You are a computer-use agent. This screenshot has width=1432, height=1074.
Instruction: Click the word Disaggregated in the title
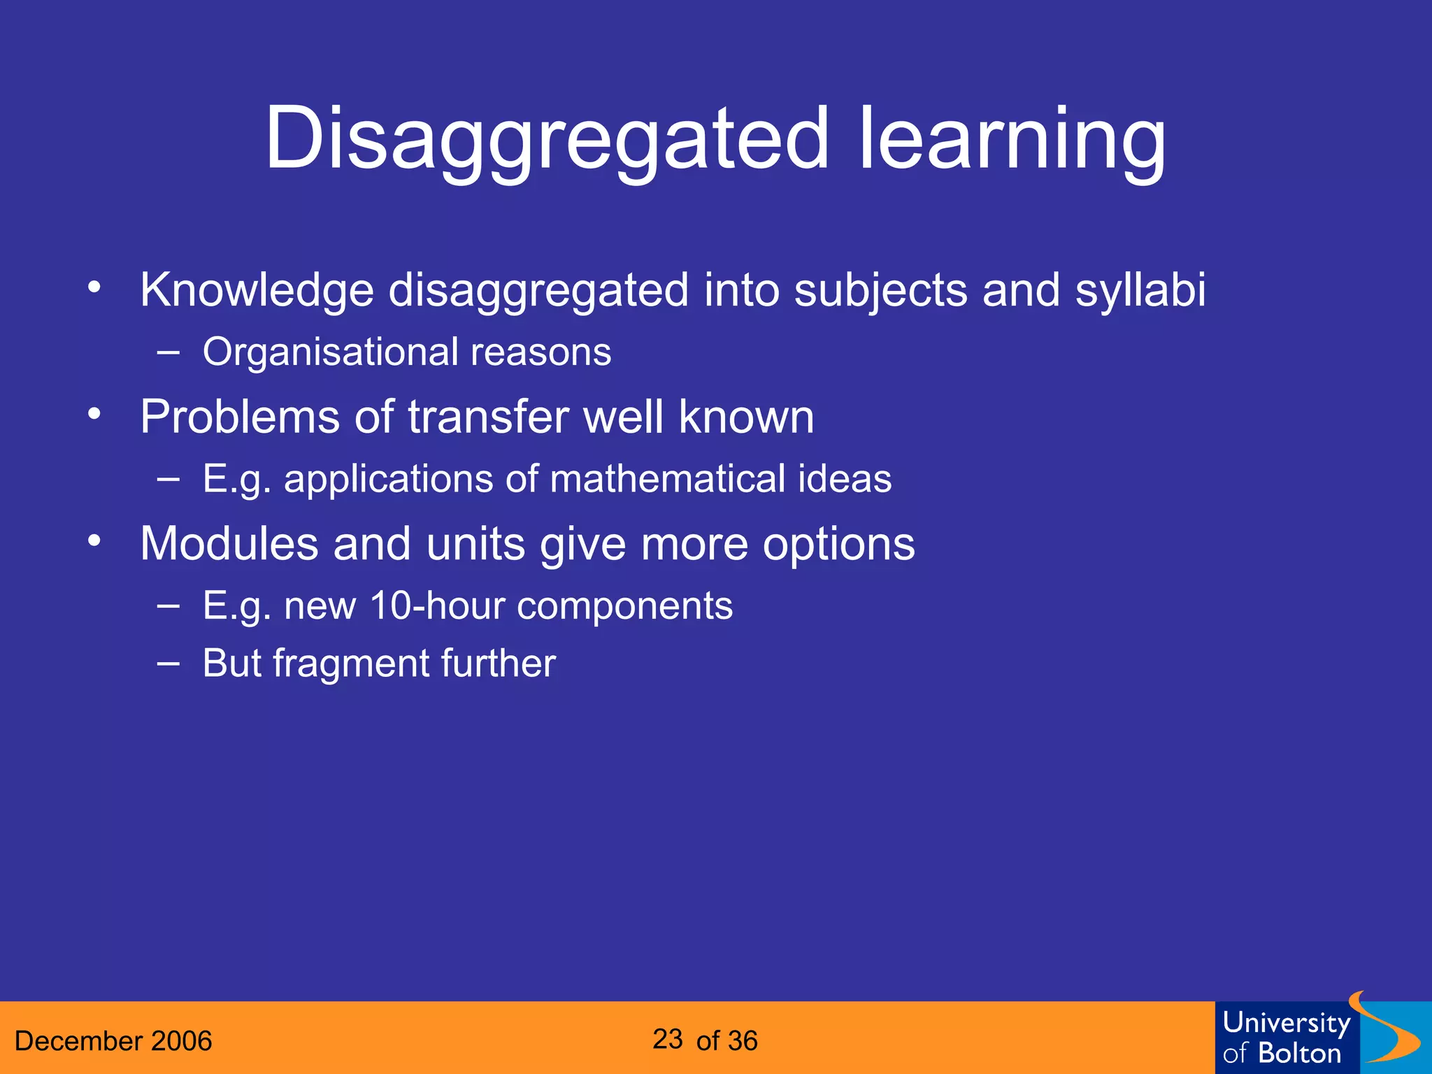pos(547,140)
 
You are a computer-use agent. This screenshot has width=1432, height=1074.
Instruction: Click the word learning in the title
pos(1012,140)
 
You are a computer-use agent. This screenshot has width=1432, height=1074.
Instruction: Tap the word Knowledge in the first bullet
pos(257,289)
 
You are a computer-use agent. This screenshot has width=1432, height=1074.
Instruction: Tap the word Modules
pos(229,543)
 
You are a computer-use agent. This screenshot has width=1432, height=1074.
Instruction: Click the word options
pos(838,543)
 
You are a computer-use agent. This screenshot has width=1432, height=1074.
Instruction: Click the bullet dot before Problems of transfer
pos(94,414)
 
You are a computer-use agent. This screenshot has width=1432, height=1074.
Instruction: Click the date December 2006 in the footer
pos(113,1041)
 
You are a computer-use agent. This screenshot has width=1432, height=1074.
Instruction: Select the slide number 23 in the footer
pos(668,1040)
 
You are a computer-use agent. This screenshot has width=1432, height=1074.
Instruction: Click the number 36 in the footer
pos(742,1041)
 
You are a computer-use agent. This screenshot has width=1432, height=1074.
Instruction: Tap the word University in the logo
pos(1286,1023)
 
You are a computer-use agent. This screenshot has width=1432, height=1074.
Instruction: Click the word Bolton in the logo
pos(1299,1054)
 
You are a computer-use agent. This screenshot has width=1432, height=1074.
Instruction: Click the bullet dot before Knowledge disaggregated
pos(94,287)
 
